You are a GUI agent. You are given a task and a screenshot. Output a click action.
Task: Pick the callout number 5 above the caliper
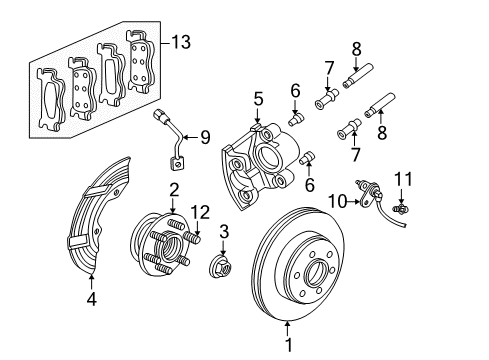(x=257, y=100)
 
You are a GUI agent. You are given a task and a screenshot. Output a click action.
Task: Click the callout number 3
(x=223, y=232)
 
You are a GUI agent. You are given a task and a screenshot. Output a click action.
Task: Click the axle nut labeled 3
(x=220, y=267)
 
